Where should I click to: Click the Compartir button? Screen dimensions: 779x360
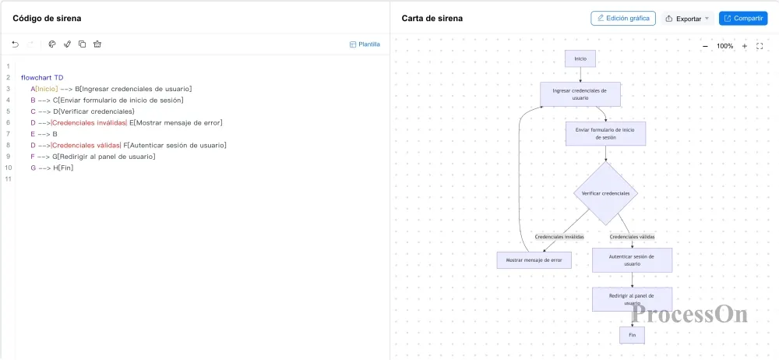(x=742, y=19)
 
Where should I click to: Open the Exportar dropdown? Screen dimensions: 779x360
(x=688, y=19)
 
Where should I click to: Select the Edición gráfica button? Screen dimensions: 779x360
(x=623, y=19)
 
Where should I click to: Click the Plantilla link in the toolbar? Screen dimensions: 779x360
(x=365, y=44)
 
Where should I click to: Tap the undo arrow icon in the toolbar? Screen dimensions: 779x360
(x=16, y=44)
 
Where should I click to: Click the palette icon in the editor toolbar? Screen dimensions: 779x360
(x=51, y=44)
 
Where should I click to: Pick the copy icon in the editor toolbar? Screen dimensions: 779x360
(x=82, y=44)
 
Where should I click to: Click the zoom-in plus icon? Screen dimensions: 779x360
(x=744, y=46)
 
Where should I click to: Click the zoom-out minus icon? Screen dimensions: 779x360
(x=706, y=46)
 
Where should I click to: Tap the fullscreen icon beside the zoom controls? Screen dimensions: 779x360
(x=760, y=46)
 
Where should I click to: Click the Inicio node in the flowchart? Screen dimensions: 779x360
(x=580, y=58)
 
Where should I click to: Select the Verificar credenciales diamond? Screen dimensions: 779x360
(x=605, y=193)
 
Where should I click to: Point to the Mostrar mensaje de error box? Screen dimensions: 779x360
(x=534, y=260)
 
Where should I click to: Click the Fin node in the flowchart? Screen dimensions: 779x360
(x=632, y=335)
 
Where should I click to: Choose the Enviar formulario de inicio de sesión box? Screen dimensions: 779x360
(x=605, y=133)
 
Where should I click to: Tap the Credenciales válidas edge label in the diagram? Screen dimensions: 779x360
(x=632, y=237)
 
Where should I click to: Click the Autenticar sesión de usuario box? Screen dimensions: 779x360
(x=632, y=260)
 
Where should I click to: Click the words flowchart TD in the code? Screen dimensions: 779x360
(x=42, y=78)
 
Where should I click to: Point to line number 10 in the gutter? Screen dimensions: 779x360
(x=8, y=168)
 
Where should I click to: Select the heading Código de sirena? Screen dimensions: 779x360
(x=47, y=19)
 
